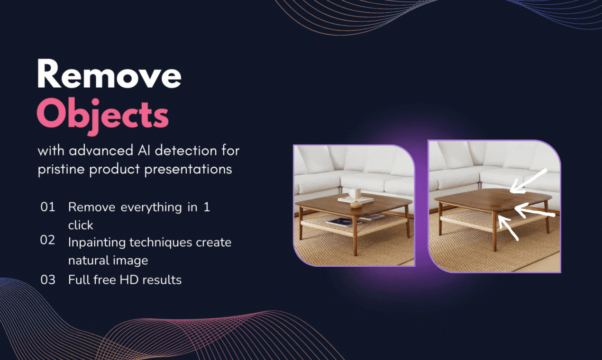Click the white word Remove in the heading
(x=109, y=74)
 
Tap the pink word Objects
(x=103, y=116)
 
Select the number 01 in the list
(x=48, y=207)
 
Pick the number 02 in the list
(x=47, y=240)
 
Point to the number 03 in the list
(x=48, y=279)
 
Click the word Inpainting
(x=97, y=243)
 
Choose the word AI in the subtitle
(x=144, y=151)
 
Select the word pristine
(x=61, y=170)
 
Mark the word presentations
(x=188, y=170)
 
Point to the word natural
(x=89, y=261)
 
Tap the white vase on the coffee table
(x=355, y=193)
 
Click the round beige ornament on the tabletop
(x=356, y=205)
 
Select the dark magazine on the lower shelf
(x=344, y=222)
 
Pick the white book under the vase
(x=356, y=199)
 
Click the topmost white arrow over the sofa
(x=528, y=181)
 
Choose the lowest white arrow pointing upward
(x=508, y=227)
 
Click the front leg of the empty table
(x=495, y=231)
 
